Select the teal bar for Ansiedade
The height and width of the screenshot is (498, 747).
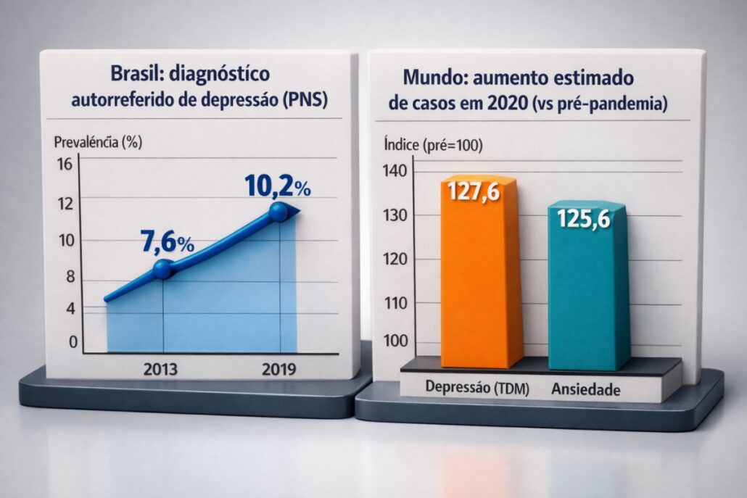[x=587, y=297]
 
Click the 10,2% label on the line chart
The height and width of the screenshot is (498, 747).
[x=278, y=186]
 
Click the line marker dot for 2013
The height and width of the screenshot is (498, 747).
[x=162, y=270]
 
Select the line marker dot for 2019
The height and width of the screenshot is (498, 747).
[x=278, y=212]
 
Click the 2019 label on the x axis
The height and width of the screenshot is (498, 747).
[x=278, y=369]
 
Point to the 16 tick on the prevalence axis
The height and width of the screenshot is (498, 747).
[x=65, y=165]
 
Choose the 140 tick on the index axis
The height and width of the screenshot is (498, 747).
[x=397, y=171]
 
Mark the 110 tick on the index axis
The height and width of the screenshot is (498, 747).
[x=397, y=303]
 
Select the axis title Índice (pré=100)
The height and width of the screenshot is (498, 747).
[x=432, y=144]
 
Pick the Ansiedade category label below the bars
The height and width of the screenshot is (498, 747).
[x=586, y=389]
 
